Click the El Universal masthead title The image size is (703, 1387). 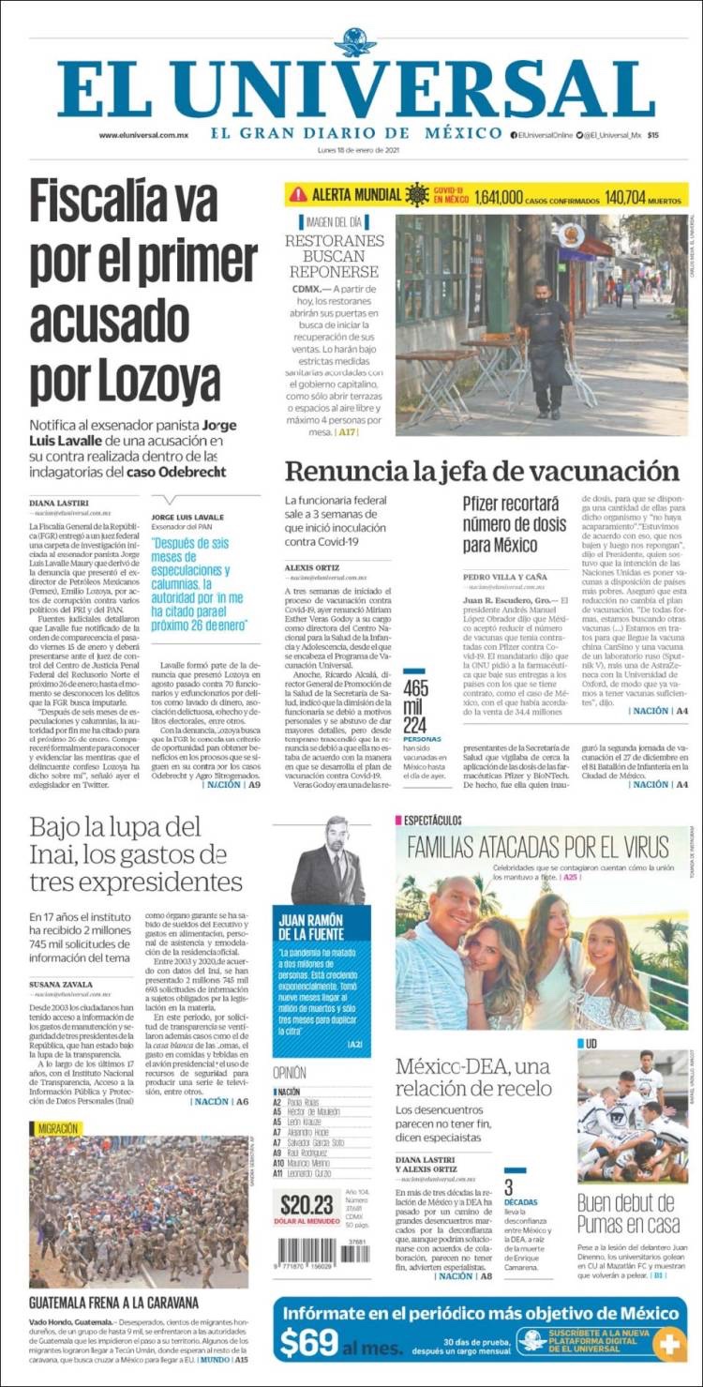tap(355, 89)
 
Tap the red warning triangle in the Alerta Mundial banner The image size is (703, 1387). tap(298, 195)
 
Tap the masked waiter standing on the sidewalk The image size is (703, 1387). tap(545, 347)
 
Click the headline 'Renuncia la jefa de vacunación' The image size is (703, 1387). tap(482, 471)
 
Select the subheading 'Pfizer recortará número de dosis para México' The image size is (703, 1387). tap(515, 524)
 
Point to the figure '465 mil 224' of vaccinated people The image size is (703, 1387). tap(415, 705)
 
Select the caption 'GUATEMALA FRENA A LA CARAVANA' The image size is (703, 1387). tap(113, 1303)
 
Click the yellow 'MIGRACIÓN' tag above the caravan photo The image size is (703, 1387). tap(58, 1129)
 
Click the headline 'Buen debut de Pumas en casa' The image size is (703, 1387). tap(626, 1214)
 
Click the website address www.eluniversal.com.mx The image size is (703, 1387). tap(143, 135)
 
